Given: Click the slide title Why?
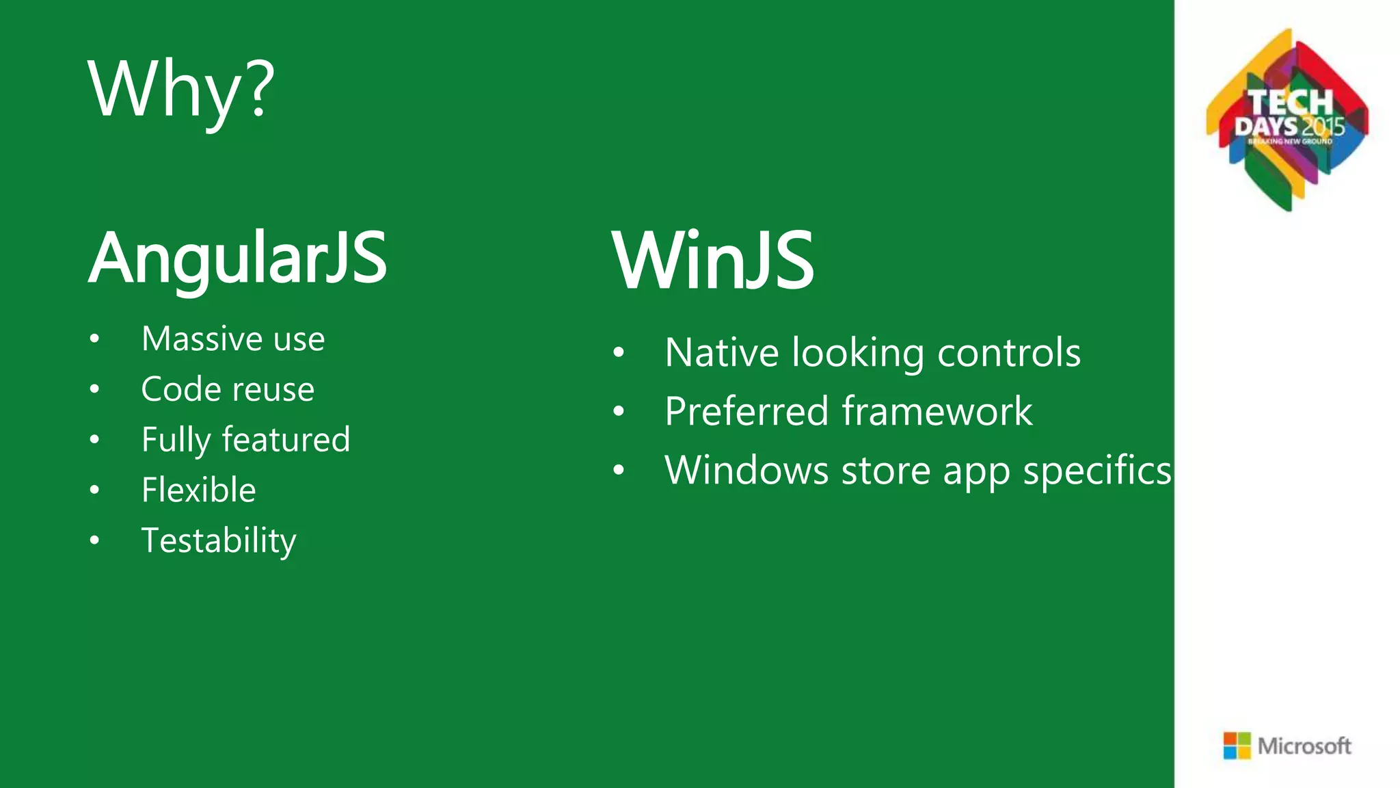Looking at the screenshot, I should pos(181,89).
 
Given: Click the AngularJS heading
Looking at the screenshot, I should pos(238,259).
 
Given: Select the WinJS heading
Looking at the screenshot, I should pos(713,261).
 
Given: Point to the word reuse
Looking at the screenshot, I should pos(271,390).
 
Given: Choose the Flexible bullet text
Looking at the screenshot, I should pos(198,490).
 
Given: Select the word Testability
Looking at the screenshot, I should pos(219,541).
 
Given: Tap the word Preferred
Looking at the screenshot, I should pos(746,412).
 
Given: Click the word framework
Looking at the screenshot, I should pos(937,412).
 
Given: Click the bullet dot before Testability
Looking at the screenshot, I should pos(94,540).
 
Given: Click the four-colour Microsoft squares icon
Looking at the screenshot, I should pos(1237,746).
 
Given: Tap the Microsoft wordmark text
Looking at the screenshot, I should pos(1304,746).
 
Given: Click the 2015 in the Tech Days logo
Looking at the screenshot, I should pos(1323,127).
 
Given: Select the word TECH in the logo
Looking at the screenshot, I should pos(1291,103).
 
